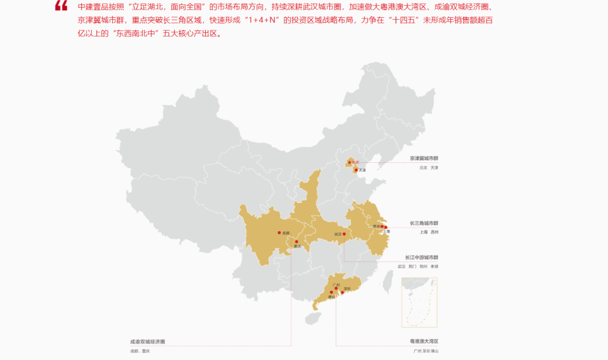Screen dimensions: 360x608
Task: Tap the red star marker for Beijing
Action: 349,162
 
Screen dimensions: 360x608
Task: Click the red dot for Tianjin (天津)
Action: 356,170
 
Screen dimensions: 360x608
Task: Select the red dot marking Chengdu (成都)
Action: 279,233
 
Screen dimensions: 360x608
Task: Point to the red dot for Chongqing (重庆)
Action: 296,241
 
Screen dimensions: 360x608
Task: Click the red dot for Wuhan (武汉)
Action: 344,234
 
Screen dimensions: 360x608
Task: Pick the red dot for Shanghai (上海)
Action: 386,227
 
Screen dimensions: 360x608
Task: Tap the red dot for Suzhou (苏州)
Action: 382,226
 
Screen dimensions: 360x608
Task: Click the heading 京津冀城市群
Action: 424,158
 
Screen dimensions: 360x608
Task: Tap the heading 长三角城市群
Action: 424,223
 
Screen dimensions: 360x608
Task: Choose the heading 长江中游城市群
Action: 422,257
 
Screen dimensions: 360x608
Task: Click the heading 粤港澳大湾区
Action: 424,341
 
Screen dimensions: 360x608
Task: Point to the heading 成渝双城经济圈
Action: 147,341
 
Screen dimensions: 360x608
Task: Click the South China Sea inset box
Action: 419,302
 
